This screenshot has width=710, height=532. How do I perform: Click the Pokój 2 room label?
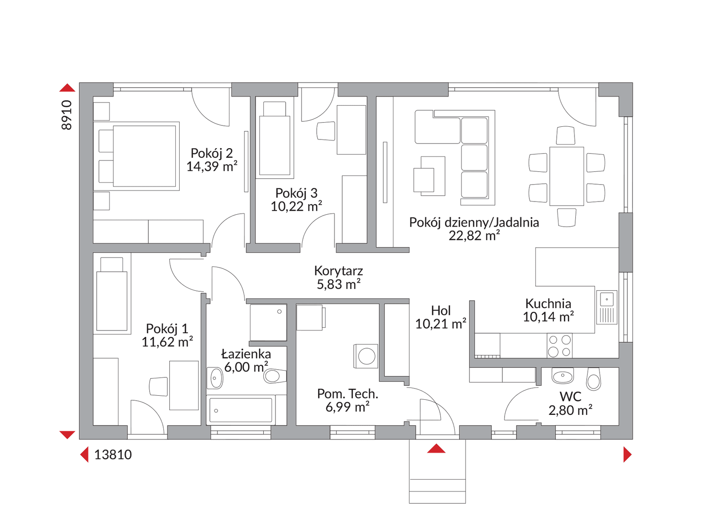click(212, 153)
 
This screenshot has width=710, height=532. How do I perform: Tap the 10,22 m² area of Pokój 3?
click(296, 207)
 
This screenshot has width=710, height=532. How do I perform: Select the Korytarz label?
click(338, 271)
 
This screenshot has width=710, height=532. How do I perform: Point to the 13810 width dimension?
click(113, 455)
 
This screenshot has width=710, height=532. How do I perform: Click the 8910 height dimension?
click(67, 115)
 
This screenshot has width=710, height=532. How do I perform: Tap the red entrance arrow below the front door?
click(436, 448)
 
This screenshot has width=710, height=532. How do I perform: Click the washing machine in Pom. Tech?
click(366, 356)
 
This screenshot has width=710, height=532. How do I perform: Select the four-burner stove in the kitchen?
click(559, 345)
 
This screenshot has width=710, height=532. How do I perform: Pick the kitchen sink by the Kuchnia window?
click(606, 308)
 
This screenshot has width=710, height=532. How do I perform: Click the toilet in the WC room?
click(593, 378)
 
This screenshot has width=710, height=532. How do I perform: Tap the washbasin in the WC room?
click(563, 376)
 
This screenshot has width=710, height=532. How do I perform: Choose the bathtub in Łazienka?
click(240, 410)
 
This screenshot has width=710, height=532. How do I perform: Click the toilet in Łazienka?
click(275, 376)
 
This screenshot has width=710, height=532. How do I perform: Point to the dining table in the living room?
click(566, 176)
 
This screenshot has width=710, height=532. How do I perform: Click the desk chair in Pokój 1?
click(158, 386)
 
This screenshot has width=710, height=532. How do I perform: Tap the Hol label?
click(440, 310)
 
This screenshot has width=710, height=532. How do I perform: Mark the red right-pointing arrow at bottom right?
click(627, 455)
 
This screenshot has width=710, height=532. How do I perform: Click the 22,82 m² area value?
click(474, 236)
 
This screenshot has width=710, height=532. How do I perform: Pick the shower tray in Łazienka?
click(268, 322)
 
